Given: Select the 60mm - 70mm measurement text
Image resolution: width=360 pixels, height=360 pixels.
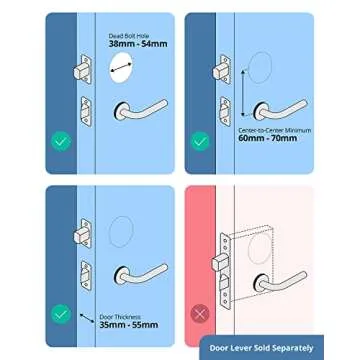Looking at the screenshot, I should (260, 139).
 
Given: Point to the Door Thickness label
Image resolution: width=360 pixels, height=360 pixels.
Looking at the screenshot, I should (114, 316).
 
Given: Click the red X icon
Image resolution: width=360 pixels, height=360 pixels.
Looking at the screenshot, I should (199, 312).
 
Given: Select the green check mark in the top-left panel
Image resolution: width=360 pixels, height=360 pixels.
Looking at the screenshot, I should (61, 141).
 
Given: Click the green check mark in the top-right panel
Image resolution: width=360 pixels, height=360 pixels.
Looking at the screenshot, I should (199, 141).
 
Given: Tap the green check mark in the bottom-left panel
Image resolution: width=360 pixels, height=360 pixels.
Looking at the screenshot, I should (61, 312).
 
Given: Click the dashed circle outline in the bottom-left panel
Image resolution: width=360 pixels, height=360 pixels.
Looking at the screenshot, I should (122, 233).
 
